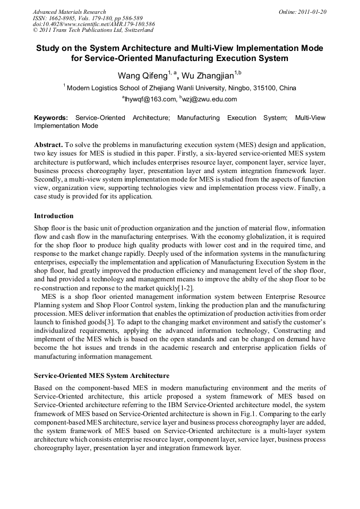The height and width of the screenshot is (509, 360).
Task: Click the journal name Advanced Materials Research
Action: click(70, 12)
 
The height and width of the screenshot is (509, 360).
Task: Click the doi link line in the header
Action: click(94, 24)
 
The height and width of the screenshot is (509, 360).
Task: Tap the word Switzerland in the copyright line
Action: click(135, 31)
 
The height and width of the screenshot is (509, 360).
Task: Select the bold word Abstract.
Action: click(48, 145)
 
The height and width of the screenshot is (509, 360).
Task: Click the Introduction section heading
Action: click(54, 216)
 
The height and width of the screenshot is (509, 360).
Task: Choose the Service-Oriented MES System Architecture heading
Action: click(102, 376)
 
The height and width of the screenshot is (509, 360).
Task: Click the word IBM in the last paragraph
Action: click(183, 406)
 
